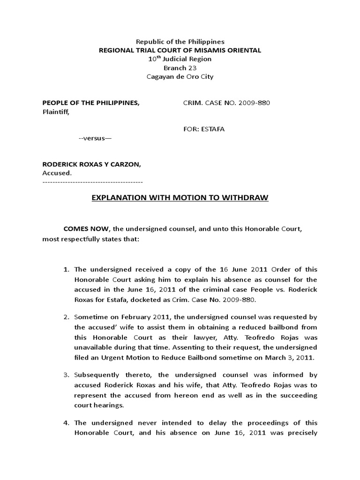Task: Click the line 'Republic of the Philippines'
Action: click(x=180, y=42)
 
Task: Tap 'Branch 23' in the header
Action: click(x=180, y=68)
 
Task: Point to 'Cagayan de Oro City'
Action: click(x=180, y=77)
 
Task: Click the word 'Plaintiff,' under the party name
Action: click(x=56, y=112)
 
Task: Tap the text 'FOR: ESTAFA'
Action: click(x=203, y=129)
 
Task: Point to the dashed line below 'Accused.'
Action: click(x=92, y=181)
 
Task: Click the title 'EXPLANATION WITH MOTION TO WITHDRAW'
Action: click(x=180, y=198)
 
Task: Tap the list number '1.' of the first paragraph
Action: click(x=67, y=269)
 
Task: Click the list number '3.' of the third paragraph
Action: click(x=67, y=375)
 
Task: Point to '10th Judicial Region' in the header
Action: click(x=180, y=59)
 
